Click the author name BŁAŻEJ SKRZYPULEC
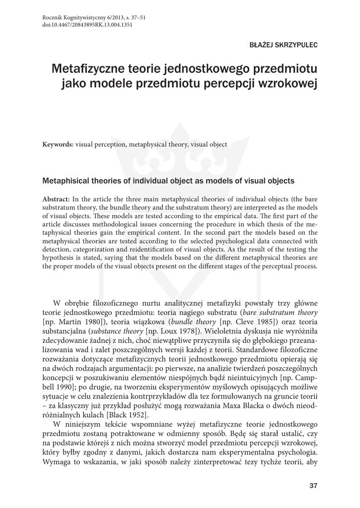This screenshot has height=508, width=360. point(283,45)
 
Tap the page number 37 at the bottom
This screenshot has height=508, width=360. point(313,485)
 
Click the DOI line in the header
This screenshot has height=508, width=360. point(87,25)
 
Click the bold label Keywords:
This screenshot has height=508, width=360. point(58,144)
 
